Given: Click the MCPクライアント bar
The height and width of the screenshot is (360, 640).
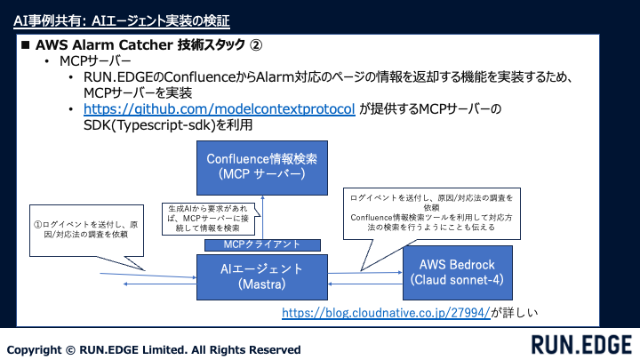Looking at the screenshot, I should [x=261, y=244].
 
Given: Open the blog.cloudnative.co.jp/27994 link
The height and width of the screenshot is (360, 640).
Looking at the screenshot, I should [x=386, y=313].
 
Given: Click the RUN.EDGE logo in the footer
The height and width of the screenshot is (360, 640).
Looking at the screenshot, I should [x=581, y=344].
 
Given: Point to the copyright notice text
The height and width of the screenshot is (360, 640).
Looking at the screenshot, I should [x=154, y=349].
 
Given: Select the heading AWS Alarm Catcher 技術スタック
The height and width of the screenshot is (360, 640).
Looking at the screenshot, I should [x=142, y=44].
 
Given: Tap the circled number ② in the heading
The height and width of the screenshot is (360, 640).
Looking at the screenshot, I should [x=255, y=44].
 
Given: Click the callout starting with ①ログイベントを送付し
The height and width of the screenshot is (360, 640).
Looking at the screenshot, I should [x=81, y=233].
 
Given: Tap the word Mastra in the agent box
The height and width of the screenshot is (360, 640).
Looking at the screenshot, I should [x=261, y=284].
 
